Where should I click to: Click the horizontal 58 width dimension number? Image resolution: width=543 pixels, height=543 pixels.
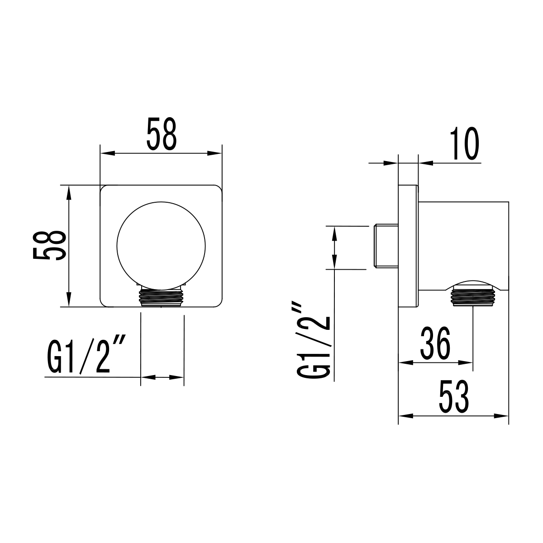click(x=161, y=134)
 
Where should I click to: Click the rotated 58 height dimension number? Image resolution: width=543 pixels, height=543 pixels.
click(x=49, y=246)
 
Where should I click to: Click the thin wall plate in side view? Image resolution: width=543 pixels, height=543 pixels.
click(x=408, y=247)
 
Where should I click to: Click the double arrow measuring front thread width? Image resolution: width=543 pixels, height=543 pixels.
click(x=162, y=377)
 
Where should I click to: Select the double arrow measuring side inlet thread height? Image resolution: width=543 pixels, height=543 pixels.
click(x=334, y=247)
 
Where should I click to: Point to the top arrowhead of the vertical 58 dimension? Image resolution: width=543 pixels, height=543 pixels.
click(x=68, y=191)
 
